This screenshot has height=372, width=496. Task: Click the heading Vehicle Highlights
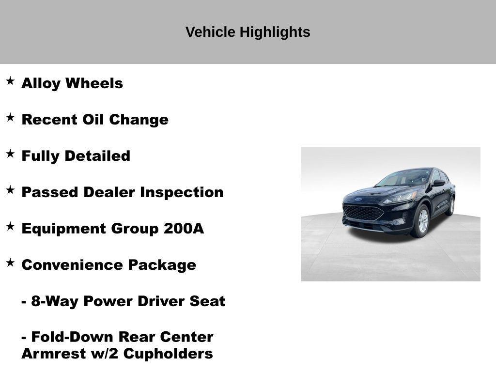coord(248,32)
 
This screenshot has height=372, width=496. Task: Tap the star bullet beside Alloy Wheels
coord(10,81)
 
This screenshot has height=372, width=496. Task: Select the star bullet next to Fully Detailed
coord(10,154)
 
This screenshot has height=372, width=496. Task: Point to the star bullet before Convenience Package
coord(10,263)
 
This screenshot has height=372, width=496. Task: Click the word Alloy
coord(41,83)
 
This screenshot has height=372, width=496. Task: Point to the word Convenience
coord(73,265)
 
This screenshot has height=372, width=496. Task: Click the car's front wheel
coord(422,221)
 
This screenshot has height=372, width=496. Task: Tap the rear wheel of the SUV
coord(451,205)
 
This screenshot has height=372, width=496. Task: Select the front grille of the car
coord(363,212)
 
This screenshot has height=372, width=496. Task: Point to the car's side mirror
coord(438,183)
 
